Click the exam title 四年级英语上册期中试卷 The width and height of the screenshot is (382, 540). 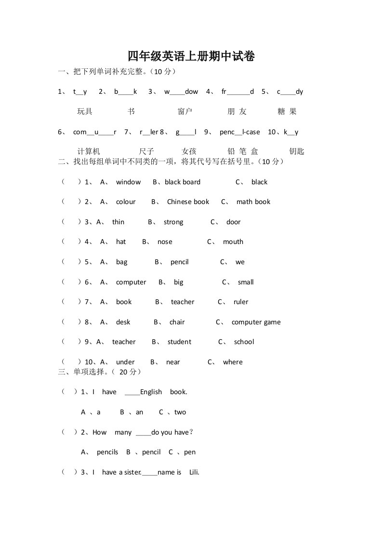coord(191,57)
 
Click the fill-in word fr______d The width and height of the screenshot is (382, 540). coord(237,91)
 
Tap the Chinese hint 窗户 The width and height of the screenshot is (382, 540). coord(185,112)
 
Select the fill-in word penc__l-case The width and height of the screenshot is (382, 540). coord(239,132)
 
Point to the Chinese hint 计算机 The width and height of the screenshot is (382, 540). coord(89,152)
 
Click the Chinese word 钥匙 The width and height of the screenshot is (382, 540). coord(297,152)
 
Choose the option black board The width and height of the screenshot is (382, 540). coord(183,182)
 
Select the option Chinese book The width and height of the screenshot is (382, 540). coord(188,202)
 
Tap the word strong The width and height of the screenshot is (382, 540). coord(173,222)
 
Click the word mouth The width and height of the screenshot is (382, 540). coord(233,242)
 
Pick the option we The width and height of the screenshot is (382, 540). coord(240,262)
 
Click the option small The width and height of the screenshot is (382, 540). coord(246,282)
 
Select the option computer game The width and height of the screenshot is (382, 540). coord(256,322)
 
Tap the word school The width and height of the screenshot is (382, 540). coord(244,342)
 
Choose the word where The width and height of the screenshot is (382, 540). coord(233,362)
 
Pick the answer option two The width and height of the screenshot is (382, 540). coord(180,412)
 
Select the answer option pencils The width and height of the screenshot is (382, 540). coord(107,452)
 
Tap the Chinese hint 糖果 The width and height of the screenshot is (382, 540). coord(287,112)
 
